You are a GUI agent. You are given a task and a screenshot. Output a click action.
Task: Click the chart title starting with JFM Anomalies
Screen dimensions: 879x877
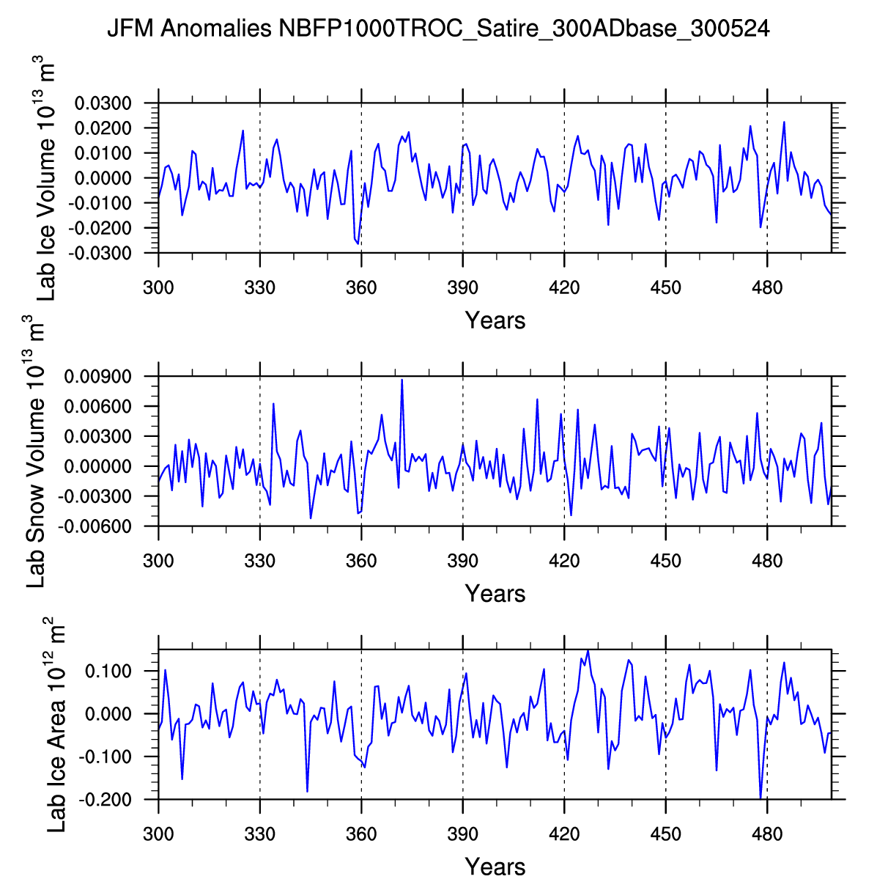point(438,29)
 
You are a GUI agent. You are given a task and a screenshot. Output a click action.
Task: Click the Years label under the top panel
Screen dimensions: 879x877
point(495,320)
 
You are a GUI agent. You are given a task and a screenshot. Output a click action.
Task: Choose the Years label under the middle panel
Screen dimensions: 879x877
point(495,593)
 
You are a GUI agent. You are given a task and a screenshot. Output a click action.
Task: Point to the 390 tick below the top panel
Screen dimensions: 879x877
point(462,287)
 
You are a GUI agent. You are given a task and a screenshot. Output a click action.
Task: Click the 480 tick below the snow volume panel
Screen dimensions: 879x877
point(766,561)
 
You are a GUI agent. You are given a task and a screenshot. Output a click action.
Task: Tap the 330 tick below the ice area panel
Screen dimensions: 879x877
point(259,834)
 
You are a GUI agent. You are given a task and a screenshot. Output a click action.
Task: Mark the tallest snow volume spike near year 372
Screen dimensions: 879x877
point(402,380)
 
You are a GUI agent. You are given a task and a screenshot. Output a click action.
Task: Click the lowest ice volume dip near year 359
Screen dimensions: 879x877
point(358,243)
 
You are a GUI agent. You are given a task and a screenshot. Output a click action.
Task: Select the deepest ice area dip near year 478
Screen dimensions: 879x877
point(761,798)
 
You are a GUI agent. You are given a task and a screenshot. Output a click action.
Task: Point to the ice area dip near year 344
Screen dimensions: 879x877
point(307,791)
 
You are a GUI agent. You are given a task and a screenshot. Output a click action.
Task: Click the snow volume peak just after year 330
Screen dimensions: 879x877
point(273,404)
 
